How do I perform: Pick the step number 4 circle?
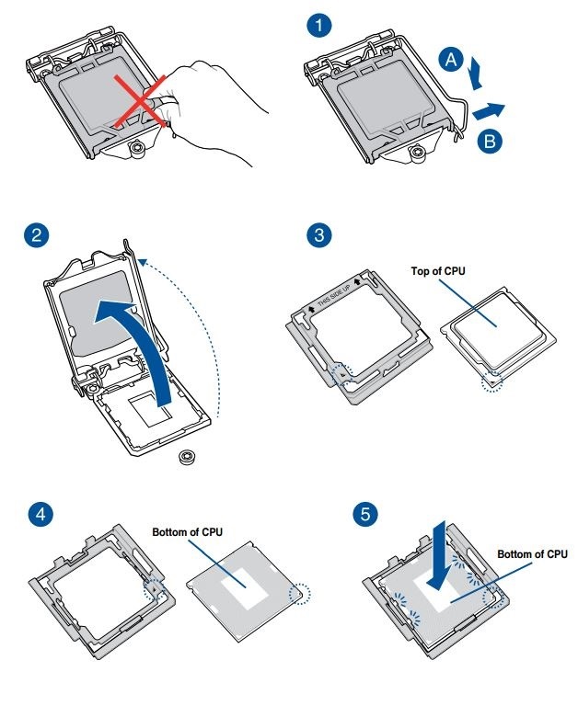pyautogui.click(x=37, y=514)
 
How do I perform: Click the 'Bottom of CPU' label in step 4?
pyautogui.click(x=187, y=532)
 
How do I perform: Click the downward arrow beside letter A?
pyautogui.click(x=476, y=73)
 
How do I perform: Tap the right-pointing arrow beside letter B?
pyautogui.click(x=489, y=111)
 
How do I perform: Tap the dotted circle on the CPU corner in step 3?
pyautogui.click(x=493, y=380)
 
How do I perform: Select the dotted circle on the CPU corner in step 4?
pyautogui.click(x=299, y=594)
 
